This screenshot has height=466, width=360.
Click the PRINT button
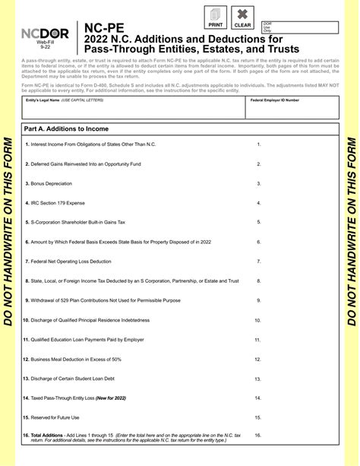pos(215,16)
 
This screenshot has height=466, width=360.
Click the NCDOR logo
pos(50,35)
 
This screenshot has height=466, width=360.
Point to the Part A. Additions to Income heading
pos(68,130)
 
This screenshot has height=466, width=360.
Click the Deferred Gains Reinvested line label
pos(74,163)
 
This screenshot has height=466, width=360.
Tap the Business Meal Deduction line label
pos(74,359)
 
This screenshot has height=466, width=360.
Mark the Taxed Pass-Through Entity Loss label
pos(76,398)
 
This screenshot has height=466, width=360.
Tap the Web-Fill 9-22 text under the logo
pos(45,49)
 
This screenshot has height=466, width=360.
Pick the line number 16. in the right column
pos(258,436)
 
